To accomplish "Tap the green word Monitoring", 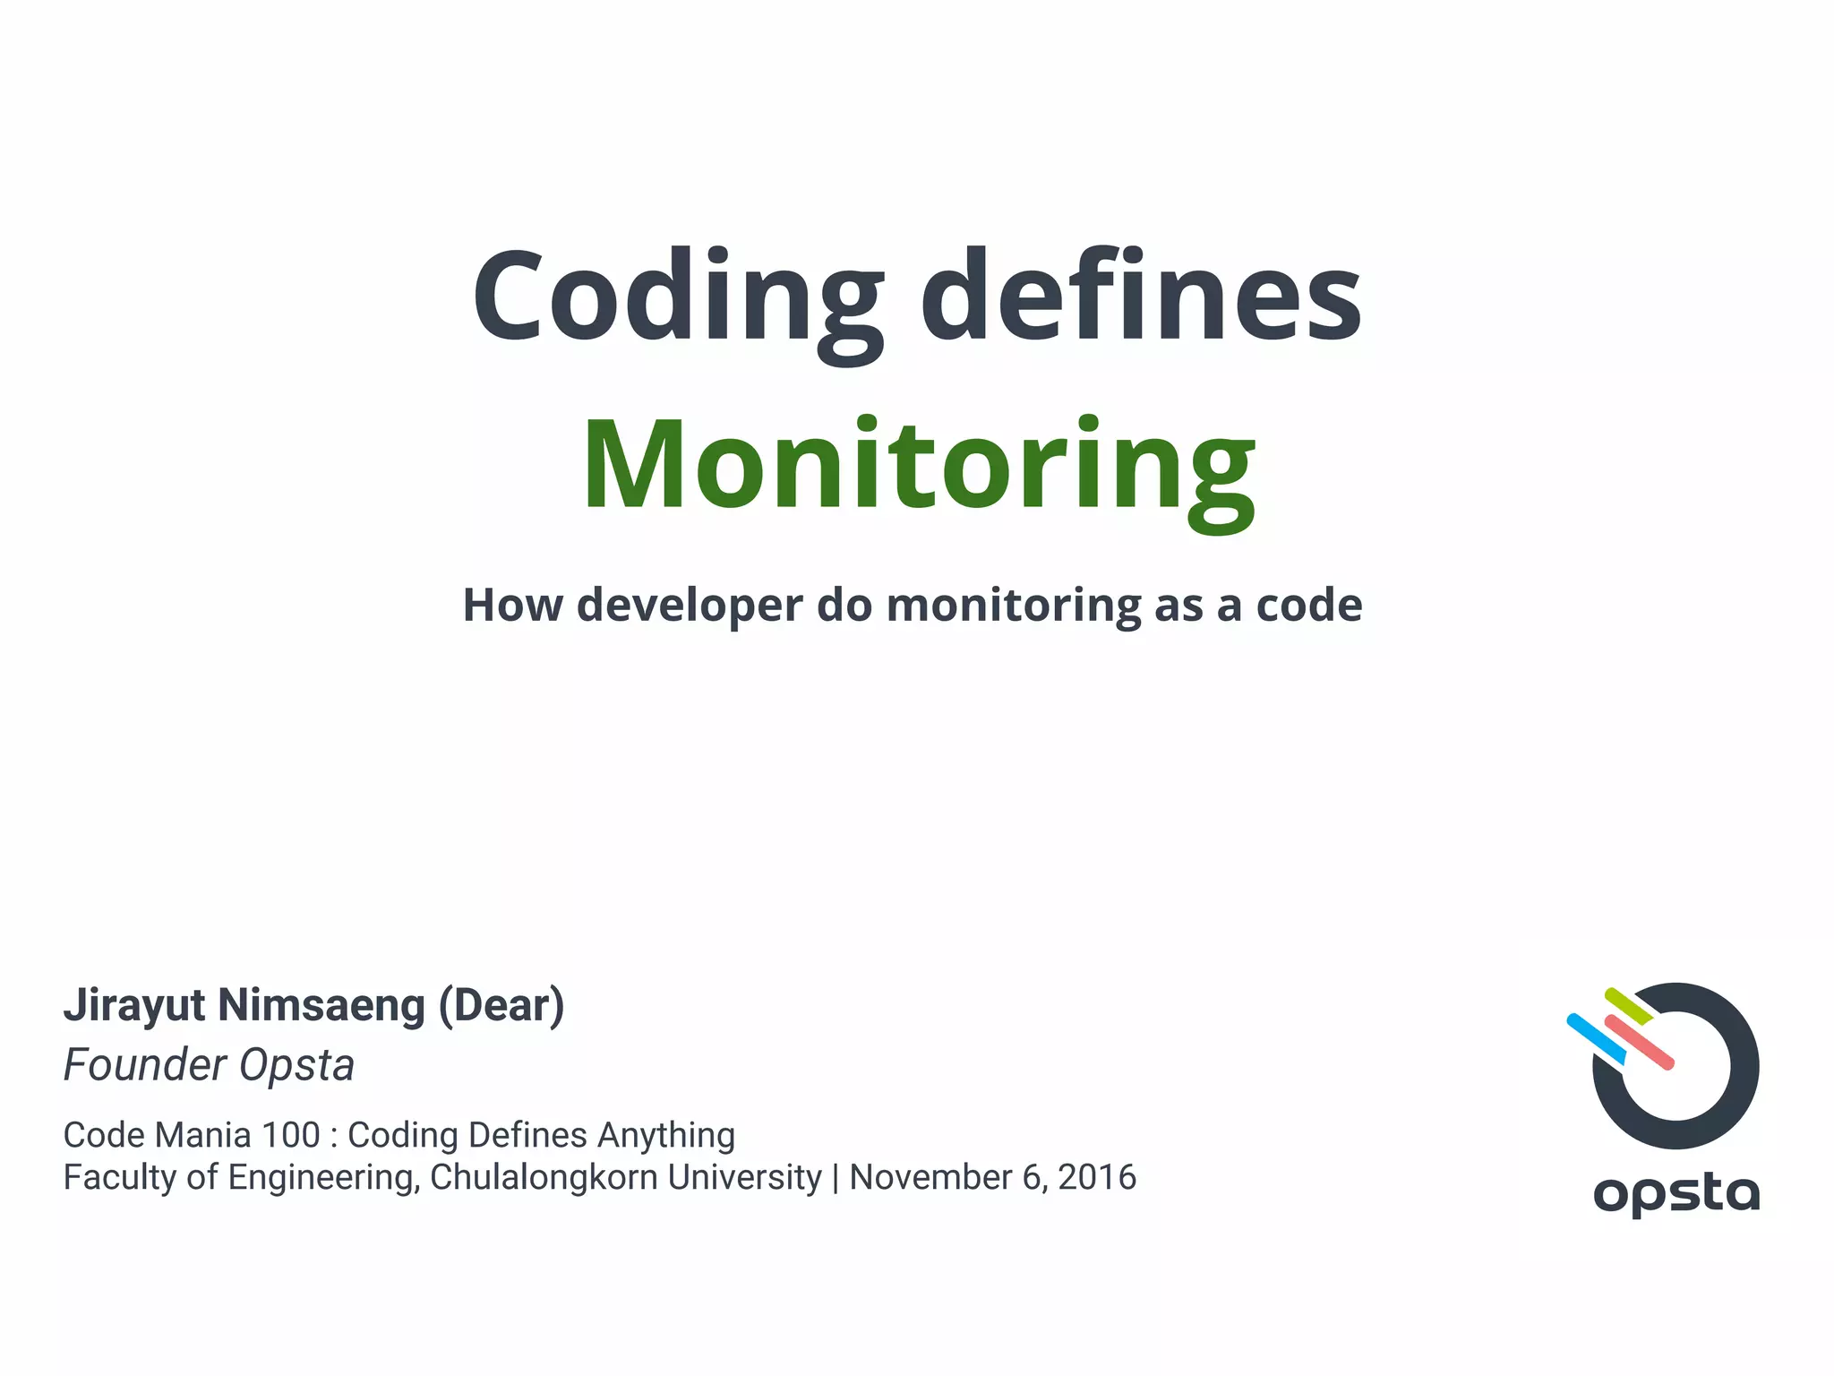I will (920, 466).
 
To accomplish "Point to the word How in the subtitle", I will (512, 606).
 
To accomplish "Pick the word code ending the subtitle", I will (1309, 606).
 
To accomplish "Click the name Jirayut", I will (134, 1005).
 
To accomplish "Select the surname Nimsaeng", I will (321, 1005).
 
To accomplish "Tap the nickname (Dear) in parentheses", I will (501, 1005).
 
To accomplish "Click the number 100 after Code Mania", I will (290, 1135).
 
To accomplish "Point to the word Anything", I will (665, 1135).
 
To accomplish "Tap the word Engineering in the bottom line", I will (323, 1177).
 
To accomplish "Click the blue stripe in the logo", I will (1595, 1038).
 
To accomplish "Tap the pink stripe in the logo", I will (1640, 1043).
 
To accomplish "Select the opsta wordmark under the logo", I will (1676, 1193).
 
